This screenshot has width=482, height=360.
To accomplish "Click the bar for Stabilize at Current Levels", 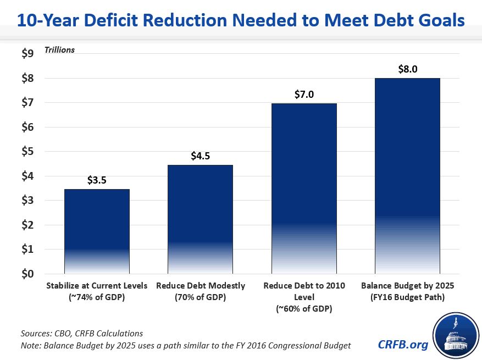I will [97, 231].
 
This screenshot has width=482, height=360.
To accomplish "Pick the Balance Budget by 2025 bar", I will [407, 176].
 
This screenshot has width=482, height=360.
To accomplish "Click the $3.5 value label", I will [97, 180].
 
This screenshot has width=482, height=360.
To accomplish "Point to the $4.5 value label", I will [201, 156].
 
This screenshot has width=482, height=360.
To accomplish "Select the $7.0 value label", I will [304, 94].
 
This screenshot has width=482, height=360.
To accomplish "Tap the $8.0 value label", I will [407, 69].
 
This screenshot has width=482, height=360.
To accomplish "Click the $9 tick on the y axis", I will [27, 54].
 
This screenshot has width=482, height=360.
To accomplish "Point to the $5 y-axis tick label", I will [27, 152].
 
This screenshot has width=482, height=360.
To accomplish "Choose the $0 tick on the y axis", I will [27, 274].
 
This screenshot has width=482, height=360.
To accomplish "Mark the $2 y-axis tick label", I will [27, 225].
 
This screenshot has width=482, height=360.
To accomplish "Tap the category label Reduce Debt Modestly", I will [201, 286].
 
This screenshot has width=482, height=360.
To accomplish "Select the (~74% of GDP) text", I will [97, 297].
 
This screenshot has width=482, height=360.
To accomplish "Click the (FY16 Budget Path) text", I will [407, 297].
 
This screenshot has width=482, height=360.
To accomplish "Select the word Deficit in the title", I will [116, 21].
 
